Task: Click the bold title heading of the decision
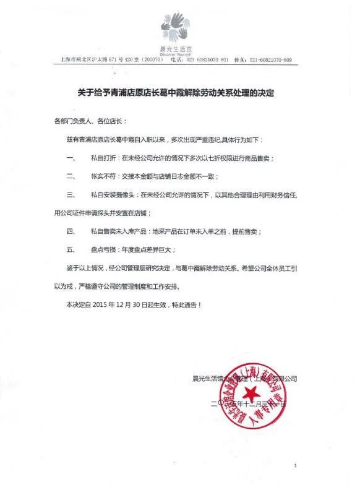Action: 179,95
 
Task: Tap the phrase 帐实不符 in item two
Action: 101,176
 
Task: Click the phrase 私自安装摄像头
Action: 110,195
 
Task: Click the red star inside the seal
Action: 251,397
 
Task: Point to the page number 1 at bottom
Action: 296,465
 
